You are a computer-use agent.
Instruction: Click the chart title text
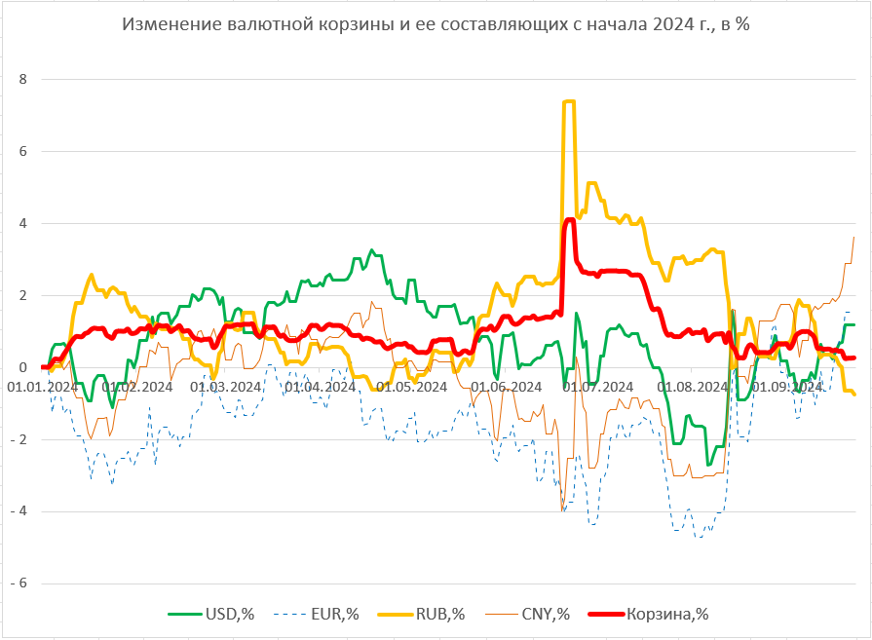pos(436,25)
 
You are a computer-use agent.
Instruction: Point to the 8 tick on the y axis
pos(23,79)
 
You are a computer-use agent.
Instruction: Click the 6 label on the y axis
pos(23,151)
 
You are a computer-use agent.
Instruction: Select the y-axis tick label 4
pos(23,223)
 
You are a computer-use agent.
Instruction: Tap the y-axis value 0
pos(23,367)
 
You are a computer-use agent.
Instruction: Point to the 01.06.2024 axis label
pos(508,386)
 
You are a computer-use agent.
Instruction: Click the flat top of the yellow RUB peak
pos(569,101)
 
